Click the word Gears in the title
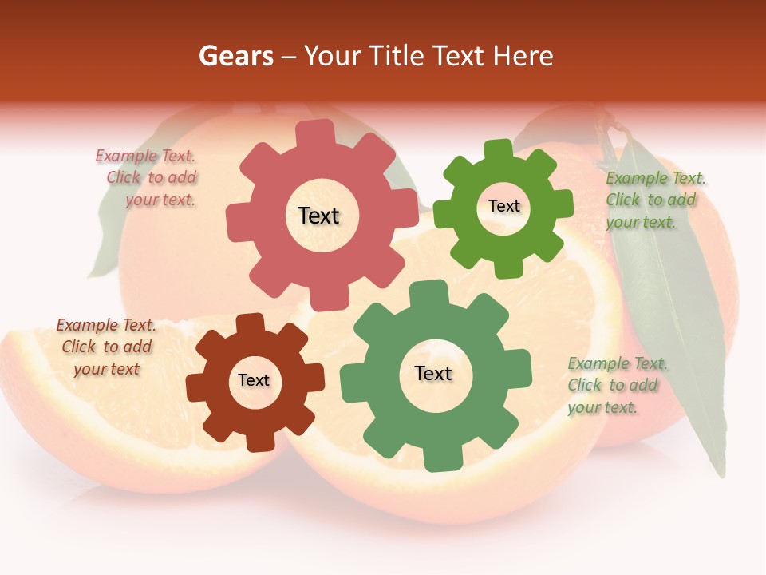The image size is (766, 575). tap(236, 56)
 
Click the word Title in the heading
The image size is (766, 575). tap(397, 56)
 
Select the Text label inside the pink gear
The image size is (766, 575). tap(318, 216)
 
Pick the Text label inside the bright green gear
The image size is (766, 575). tap(503, 206)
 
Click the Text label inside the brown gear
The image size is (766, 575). tap(254, 380)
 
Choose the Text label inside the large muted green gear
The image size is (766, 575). tap(433, 373)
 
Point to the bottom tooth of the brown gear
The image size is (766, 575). tap(260, 440)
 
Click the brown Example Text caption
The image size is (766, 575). tap(106, 347)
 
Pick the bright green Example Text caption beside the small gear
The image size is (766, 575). tap(654, 200)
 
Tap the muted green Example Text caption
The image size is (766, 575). tap(617, 385)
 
